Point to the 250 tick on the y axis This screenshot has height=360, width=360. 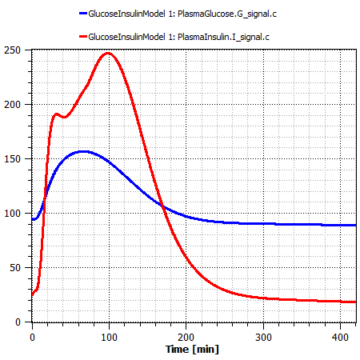[19, 50]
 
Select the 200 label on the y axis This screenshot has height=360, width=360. [19, 105]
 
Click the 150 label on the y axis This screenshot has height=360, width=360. [19, 159]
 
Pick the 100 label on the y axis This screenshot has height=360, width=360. [19, 214]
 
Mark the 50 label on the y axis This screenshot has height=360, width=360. [22, 268]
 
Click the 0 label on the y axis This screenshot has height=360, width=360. [24, 322]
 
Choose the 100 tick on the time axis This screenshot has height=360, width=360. [109, 337]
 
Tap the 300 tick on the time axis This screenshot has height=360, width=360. [263, 337]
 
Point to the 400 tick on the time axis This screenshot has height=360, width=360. [340, 337]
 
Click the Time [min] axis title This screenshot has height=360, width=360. [192, 350]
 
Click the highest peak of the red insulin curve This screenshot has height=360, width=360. [108, 54]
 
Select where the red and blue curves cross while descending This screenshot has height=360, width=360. [162, 206]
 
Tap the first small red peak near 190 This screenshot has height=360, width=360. [56, 114]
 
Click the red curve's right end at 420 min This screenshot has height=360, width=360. [355, 302]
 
